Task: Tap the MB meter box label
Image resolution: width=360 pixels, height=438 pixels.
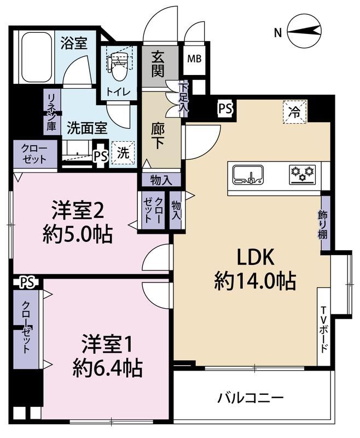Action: [194, 59]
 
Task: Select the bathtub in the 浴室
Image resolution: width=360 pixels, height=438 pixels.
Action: [37, 57]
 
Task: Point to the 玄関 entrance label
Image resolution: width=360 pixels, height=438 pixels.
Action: [158, 65]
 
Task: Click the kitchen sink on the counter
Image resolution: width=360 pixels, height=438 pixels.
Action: [248, 175]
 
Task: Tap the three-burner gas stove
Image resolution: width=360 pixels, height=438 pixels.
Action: [303, 175]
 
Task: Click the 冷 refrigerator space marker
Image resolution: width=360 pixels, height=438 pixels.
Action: [295, 112]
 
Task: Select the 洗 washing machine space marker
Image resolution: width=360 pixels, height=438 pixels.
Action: [123, 153]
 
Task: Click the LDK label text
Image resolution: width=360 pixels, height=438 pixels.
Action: [255, 257]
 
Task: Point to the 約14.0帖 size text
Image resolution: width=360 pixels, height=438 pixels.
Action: [255, 281]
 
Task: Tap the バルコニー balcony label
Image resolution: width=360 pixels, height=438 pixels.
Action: [251, 397]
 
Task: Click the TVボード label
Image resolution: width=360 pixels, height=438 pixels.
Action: [324, 330]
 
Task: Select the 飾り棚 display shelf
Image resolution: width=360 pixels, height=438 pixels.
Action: [325, 223]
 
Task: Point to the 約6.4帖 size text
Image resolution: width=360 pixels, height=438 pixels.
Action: [108, 368]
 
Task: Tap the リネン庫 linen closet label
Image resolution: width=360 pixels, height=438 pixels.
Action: [51, 112]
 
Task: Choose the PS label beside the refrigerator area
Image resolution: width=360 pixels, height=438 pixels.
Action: [225, 108]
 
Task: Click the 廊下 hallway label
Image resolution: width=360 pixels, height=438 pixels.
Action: [158, 136]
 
